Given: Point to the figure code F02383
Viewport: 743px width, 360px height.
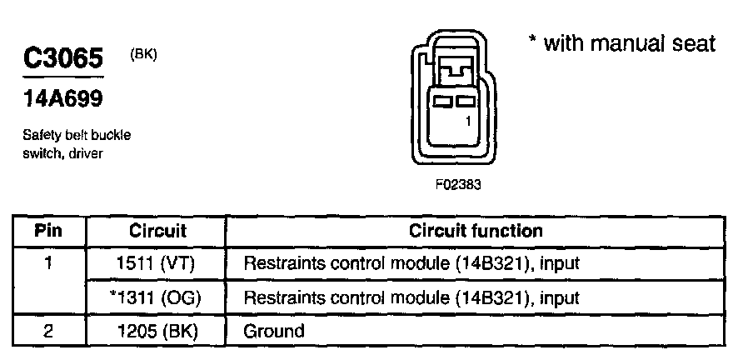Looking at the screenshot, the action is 457,185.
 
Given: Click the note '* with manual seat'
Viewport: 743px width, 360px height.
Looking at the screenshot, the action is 621,44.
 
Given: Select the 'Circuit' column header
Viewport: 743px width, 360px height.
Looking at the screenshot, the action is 157,231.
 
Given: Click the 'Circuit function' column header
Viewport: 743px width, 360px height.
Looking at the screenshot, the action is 476,231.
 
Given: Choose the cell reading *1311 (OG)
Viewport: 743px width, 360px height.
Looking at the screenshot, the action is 155,297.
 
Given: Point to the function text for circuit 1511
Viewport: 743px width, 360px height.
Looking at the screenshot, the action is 411,264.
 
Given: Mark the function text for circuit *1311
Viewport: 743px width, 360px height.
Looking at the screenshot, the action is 411,297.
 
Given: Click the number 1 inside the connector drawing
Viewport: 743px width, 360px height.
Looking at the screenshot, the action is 468,121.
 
